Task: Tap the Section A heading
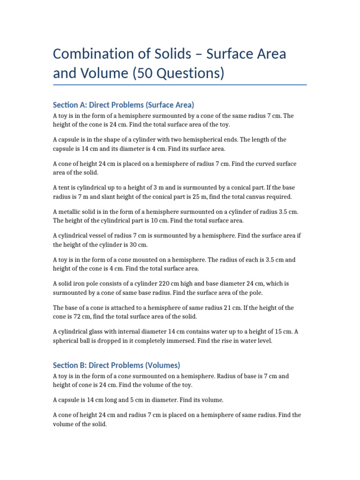[123, 105]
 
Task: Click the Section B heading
[116, 365]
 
